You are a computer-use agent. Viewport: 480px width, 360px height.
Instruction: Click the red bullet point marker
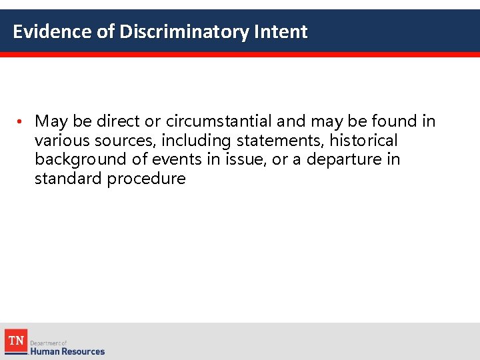(21, 122)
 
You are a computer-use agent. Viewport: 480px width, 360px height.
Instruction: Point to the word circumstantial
(219, 121)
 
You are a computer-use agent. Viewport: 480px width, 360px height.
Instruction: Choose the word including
(196, 141)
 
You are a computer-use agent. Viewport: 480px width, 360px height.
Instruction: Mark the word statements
(279, 141)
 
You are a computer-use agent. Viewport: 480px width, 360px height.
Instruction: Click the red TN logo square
(15, 341)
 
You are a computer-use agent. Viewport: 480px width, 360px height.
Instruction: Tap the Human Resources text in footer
(67, 351)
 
